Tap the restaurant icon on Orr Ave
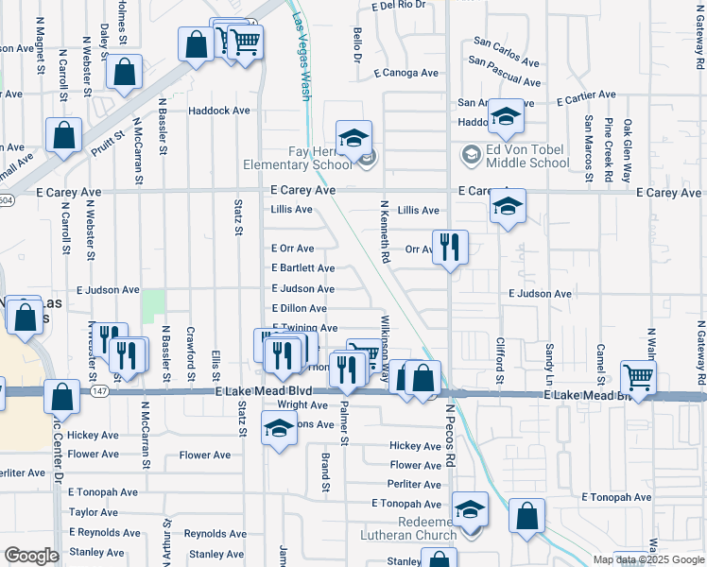click(x=450, y=248)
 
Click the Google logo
click(x=31, y=556)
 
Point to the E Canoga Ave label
click(x=406, y=73)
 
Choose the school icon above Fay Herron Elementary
click(x=353, y=138)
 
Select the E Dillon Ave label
click(x=299, y=309)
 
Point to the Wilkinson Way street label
click(x=386, y=348)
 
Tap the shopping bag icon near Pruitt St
click(x=63, y=135)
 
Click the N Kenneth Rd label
click(x=385, y=231)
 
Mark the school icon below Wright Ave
click(x=277, y=430)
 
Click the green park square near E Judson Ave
click(x=152, y=304)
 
